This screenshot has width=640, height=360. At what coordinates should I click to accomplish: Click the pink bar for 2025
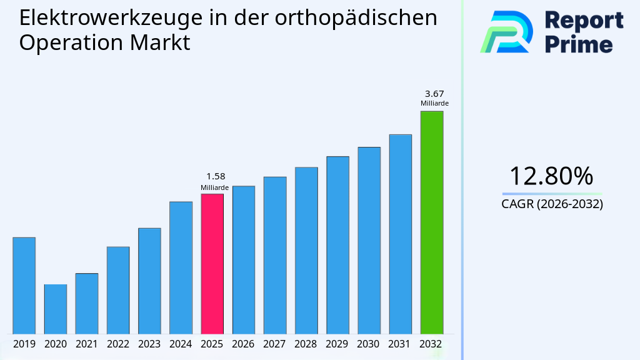coord(212,264)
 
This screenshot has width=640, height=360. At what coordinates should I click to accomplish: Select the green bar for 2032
coord(431,222)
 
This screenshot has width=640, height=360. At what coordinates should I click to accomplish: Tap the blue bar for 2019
coord(24,286)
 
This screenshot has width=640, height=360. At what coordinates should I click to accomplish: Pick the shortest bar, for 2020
coord(55,309)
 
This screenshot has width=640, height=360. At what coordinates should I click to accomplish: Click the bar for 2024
coord(181,267)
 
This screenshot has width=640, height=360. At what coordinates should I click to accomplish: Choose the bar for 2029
coord(337,245)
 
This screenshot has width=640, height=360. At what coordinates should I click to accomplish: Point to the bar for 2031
coord(400,234)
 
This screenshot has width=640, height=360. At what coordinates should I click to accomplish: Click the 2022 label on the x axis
coord(118,344)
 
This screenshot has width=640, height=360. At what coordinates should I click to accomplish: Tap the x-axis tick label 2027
coord(275,344)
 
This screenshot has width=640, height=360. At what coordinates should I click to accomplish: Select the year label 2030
coord(369,344)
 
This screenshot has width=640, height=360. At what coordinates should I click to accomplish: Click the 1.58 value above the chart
coord(216,176)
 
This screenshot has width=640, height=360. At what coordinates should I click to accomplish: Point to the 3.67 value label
coord(434,94)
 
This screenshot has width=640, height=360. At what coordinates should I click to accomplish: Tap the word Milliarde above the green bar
coord(434,104)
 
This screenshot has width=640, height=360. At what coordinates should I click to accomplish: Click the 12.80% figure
coord(551,176)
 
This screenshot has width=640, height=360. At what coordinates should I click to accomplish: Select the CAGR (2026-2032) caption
coord(552,204)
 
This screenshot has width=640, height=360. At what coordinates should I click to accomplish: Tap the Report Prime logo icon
coord(506,32)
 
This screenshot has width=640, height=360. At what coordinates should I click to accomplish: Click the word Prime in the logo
coord(579,44)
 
